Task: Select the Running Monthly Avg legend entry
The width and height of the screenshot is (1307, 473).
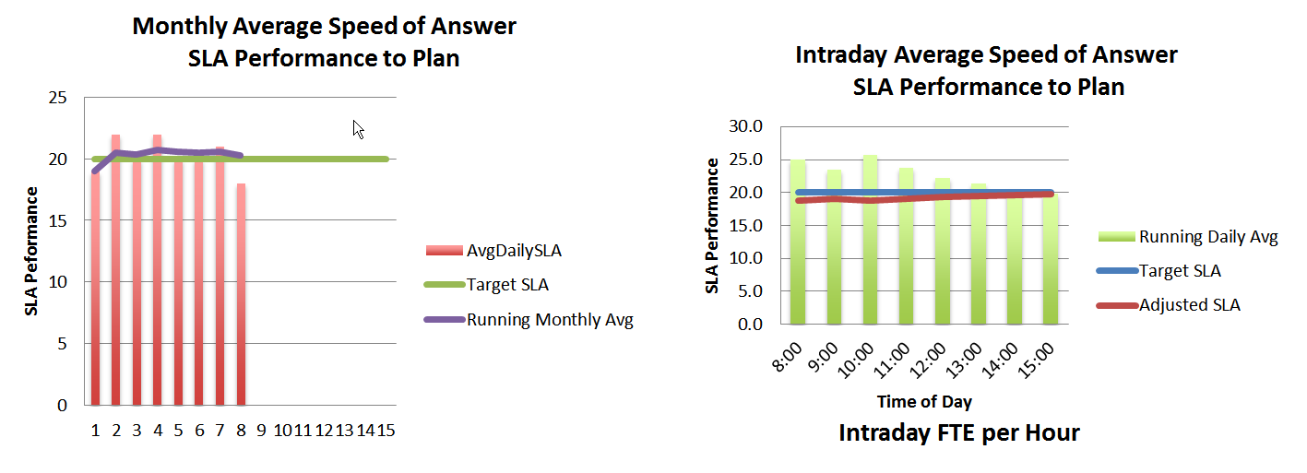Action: [x=550, y=320]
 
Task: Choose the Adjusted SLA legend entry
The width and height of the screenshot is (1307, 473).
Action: [x=1191, y=304]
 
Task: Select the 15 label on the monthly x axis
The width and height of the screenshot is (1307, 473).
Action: [x=386, y=430]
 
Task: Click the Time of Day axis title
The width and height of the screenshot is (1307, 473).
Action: [x=923, y=402]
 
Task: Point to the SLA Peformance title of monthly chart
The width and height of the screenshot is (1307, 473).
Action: [x=32, y=251]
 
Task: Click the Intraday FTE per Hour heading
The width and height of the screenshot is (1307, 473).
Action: [x=958, y=432]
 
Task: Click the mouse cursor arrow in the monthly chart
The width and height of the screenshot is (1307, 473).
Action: [x=359, y=129]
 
